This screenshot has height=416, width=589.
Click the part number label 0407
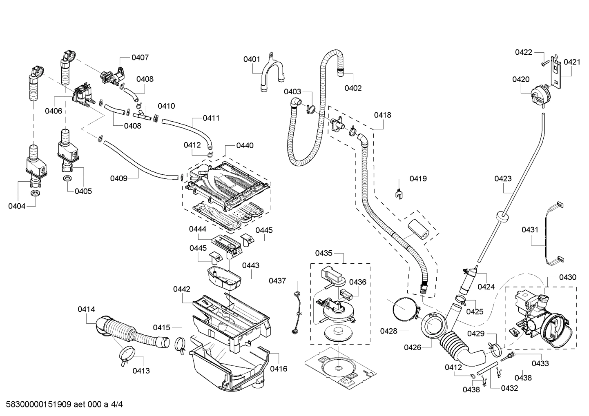(140, 58)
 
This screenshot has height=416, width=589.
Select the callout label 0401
(252, 59)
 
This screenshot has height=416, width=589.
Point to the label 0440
(245, 145)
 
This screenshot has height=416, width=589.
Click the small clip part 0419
(399, 193)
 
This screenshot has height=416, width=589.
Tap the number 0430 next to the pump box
(568, 277)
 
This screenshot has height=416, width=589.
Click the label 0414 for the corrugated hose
(86, 309)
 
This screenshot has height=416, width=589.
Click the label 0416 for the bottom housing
(279, 369)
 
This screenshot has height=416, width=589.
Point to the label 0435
(324, 253)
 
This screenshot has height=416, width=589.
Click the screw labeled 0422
(543, 63)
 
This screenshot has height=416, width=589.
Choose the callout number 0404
(17, 206)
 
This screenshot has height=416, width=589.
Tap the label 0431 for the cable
(530, 230)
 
